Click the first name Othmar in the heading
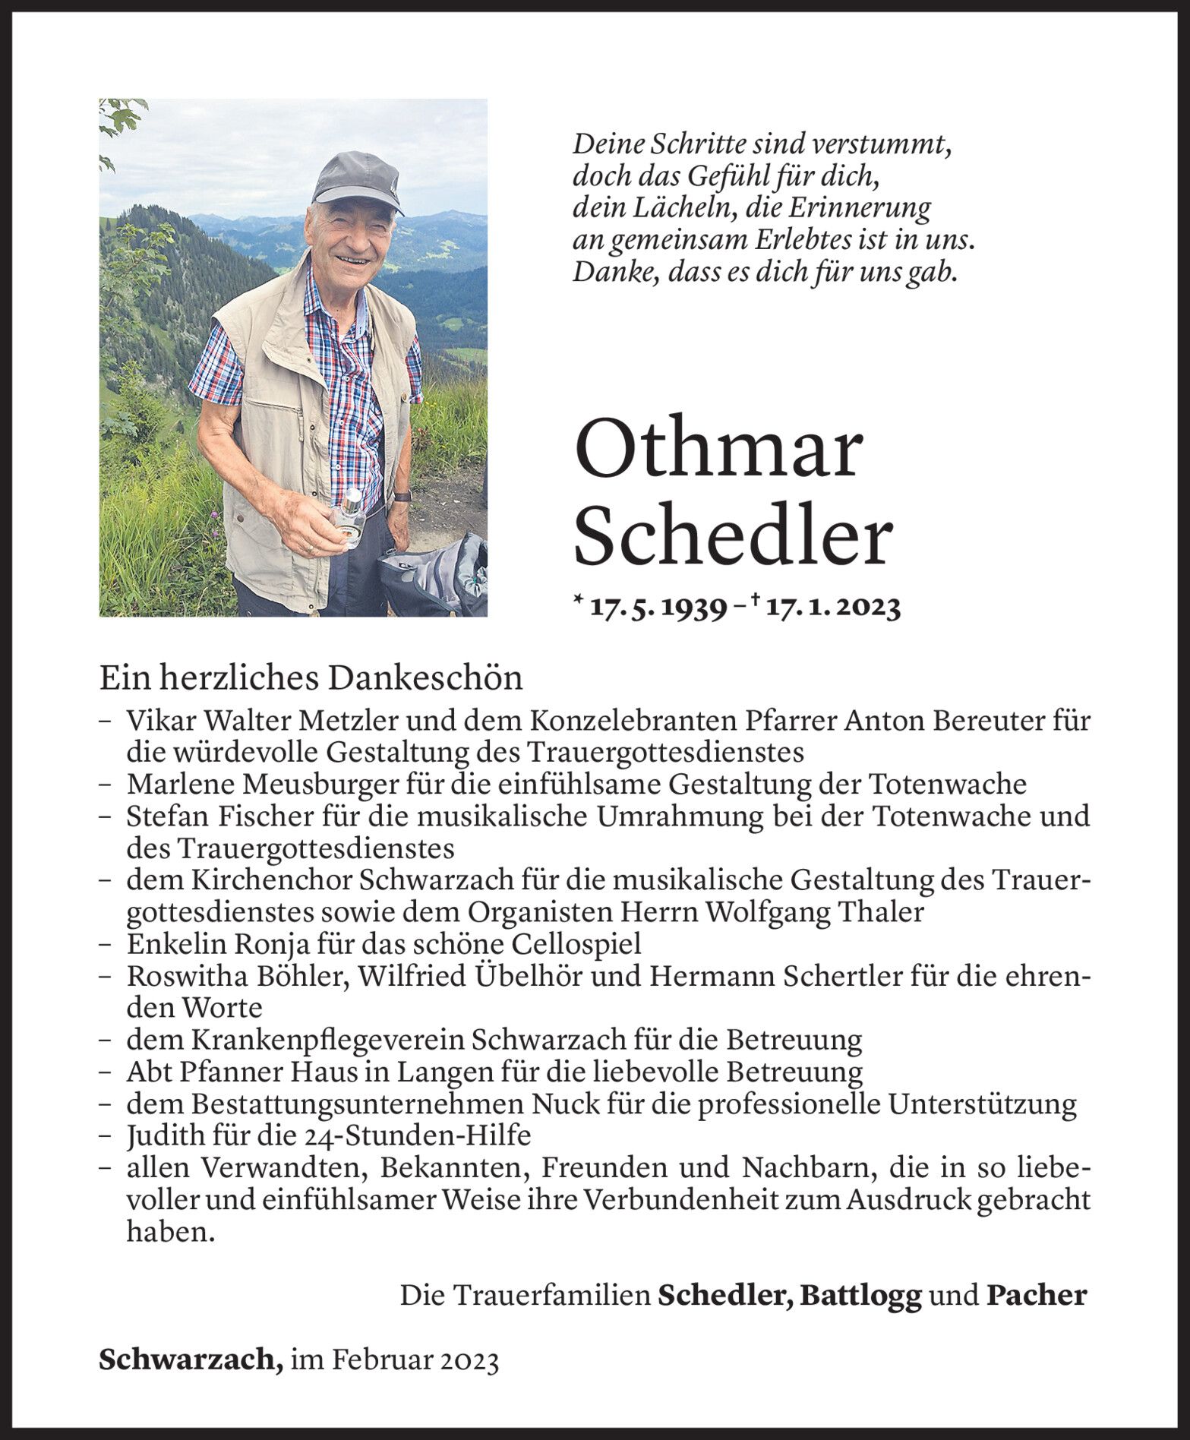[x=718, y=451]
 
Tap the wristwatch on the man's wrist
[x=403, y=496]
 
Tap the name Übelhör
[x=525, y=976]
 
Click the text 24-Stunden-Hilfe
[x=425, y=1136]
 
